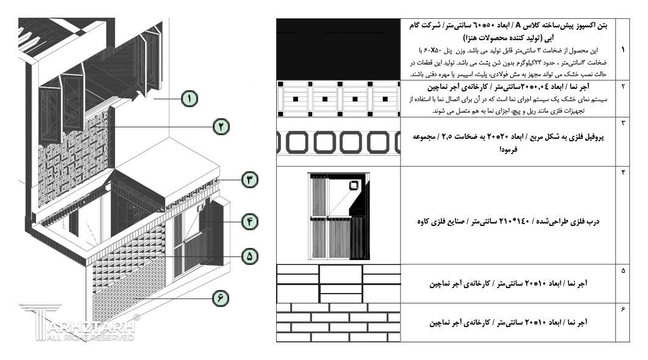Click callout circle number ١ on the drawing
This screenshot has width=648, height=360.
(x=190, y=98)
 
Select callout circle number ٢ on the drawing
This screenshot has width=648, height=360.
(x=221, y=126)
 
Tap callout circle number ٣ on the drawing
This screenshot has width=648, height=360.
(x=250, y=180)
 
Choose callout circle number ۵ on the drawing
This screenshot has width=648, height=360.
(x=249, y=257)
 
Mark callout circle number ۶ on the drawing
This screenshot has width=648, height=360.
(x=221, y=298)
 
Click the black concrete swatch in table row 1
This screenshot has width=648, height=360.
(x=338, y=49)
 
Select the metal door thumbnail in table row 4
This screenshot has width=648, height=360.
(x=339, y=216)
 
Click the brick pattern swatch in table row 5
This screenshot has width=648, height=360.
(x=338, y=284)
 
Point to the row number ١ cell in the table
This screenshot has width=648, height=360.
(x=622, y=49)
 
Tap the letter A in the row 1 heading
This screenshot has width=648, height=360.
(x=518, y=26)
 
